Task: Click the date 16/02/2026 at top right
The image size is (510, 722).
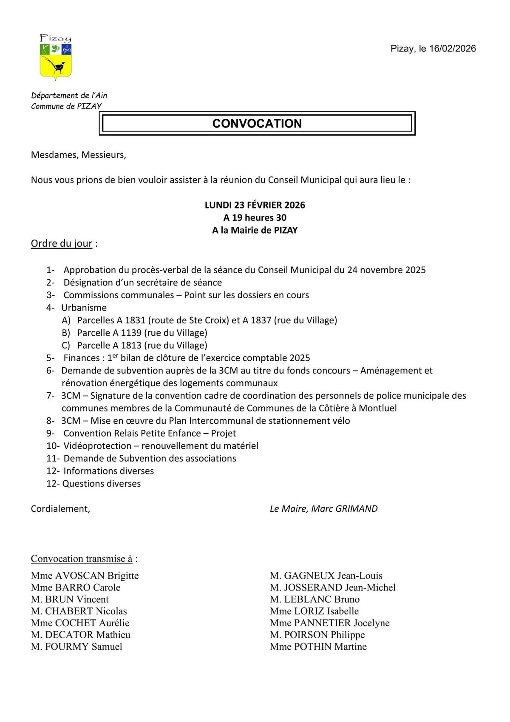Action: click(452, 49)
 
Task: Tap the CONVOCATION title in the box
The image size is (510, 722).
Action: click(257, 123)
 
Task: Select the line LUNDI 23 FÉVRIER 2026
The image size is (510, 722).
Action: click(255, 205)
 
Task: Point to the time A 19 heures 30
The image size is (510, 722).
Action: click(255, 218)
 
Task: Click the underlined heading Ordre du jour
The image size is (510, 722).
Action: click(62, 243)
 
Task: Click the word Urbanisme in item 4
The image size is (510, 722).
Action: click(84, 308)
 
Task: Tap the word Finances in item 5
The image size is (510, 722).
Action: click(82, 358)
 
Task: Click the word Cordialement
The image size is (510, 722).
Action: click(60, 509)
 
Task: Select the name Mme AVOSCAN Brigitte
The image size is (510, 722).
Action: click(85, 576)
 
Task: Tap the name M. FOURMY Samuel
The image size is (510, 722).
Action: click(76, 647)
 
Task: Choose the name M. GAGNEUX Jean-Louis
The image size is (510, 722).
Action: click(326, 576)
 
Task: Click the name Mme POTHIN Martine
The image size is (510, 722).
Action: click(318, 647)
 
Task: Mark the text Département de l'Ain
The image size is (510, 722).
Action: click(69, 96)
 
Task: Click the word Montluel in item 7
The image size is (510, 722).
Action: click(377, 408)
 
